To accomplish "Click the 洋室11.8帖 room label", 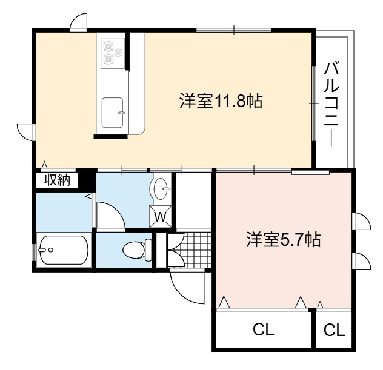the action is [221, 101].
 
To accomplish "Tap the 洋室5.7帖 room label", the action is [284, 239].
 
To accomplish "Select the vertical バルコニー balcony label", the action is [331, 104].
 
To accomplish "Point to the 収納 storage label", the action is [57, 180].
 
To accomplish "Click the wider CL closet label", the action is [263, 329].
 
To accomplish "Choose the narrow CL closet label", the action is [334, 330].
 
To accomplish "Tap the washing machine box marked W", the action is [161, 216].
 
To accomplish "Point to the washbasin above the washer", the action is [161, 189].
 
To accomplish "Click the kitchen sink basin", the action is [112, 113].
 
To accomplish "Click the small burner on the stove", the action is [118, 52].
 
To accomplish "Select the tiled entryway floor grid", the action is [194, 249].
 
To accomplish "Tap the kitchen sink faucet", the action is [121, 113].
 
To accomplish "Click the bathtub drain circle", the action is [51, 250].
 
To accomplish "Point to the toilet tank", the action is [148, 250].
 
